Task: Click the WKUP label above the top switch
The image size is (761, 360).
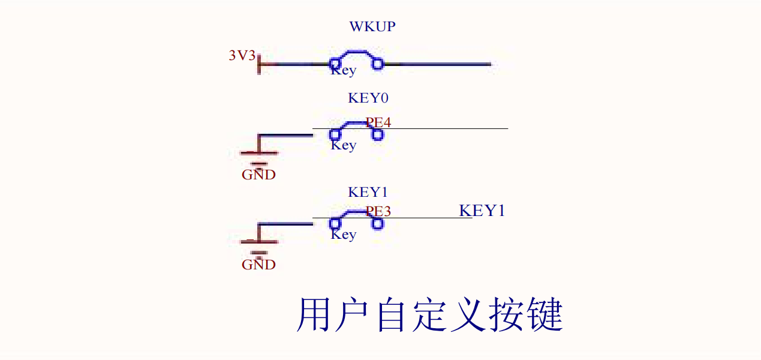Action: pos(372,27)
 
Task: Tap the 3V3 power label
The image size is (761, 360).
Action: pos(242,56)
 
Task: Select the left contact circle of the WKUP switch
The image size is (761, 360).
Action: pos(335,64)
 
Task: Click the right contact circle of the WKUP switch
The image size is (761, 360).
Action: pos(378,64)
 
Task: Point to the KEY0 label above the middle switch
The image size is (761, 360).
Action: pos(368,98)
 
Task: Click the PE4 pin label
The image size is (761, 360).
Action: pos(378,122)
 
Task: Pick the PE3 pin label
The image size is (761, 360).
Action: pos(378,211)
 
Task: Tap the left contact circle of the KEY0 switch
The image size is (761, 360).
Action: pos(335,134)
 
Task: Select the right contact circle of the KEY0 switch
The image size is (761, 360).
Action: pos(378,134)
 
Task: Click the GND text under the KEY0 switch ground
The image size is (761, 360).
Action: pos(258,175)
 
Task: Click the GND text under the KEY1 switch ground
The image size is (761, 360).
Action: pos(258,265)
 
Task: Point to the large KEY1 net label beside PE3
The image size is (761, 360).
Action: pos(482,211)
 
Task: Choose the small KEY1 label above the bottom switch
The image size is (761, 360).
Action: pos(368,193)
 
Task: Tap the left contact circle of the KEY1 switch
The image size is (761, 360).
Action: pos(335,224)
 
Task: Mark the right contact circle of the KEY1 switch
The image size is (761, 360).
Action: pos(378,224)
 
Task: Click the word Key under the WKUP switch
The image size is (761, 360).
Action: pos(344,70)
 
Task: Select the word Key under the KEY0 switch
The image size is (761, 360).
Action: pos(344,145)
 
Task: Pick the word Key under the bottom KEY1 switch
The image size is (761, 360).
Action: pos(344,235)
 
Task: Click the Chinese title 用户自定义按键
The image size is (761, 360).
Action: pos(430,315)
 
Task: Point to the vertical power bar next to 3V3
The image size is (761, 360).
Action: pos(259,64)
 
